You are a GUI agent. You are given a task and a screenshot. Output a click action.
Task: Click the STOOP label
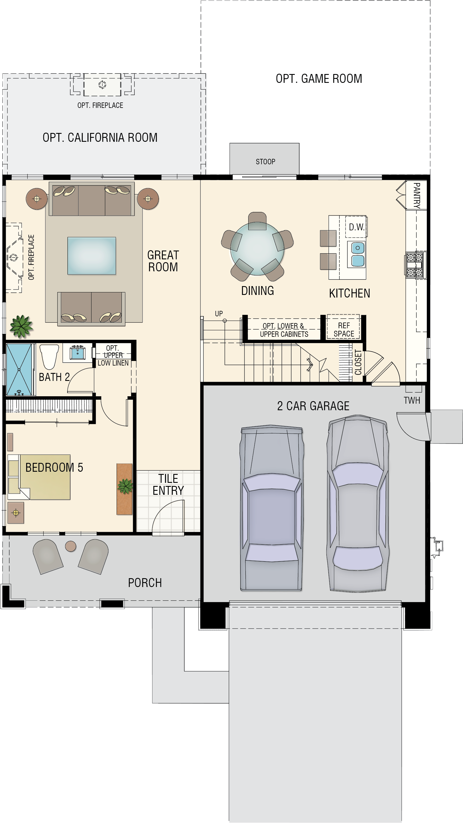[265, 162]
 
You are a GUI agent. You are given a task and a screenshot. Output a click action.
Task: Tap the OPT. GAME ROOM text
[319, 79]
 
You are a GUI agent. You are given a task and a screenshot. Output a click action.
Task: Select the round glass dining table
[257, 249]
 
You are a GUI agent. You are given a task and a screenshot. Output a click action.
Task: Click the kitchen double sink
[358, 254]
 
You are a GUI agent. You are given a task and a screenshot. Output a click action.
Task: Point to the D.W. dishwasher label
[356, 227]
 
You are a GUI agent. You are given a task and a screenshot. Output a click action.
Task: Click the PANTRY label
[416, 195]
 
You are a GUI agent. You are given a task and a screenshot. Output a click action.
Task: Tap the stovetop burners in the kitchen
[415, 264]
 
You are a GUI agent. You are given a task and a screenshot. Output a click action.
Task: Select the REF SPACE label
[344, 330]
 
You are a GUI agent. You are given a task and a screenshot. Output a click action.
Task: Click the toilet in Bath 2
[49, 356]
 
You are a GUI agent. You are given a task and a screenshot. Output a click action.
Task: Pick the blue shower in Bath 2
[19, 370]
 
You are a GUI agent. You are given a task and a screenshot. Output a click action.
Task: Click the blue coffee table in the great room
[92, 256]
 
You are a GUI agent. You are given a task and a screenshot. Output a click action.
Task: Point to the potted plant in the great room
[21, 326]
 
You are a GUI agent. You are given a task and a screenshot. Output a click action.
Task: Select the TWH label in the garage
[411, 400]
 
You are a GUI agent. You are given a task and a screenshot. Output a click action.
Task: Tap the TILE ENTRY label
[168, 484]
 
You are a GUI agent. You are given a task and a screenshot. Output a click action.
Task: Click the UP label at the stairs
[219, 314]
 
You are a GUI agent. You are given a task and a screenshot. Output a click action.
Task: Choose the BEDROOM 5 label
[54, 467]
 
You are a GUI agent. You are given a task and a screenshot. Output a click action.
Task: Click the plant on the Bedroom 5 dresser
[125, 486]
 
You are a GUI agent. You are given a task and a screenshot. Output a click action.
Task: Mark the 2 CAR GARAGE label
[313, 406]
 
